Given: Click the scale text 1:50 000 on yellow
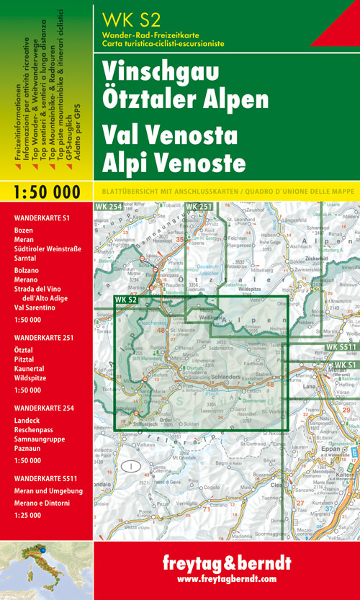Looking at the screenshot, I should [x=46, y=192].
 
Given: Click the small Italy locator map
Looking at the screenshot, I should [x=46, y=571].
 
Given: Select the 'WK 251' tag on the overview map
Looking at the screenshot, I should [x=199, y=207].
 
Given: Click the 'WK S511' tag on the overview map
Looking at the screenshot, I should [x=341, y=327].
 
